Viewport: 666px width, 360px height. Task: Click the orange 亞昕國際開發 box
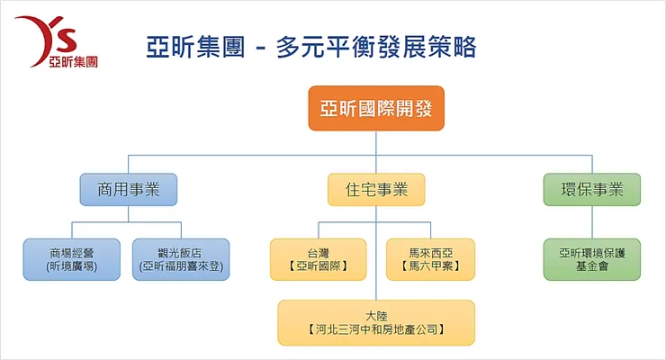(x=376, y=109)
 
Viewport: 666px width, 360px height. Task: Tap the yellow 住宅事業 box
(x=376, y=190)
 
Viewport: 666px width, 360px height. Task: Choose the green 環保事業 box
(x=592, y=190)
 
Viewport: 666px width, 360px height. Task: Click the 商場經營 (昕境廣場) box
(x=72, y=258)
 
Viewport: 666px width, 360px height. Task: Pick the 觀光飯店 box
(x=180, y=258)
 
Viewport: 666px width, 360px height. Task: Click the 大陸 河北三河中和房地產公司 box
(x=376, y=322)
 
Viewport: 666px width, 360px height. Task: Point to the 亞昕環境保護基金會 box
(x=592, y=258)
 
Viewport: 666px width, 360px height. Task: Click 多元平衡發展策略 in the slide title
(x=376, y=46)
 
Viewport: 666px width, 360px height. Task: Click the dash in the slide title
(x=261, y=47)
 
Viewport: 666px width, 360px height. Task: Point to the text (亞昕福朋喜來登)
(x=180, y=266)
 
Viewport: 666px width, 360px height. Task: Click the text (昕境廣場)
(x=72, y=266)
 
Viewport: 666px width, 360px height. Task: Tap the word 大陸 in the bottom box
(x=376, y=314)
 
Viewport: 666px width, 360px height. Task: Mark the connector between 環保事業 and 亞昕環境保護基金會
(x=592, y=220)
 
